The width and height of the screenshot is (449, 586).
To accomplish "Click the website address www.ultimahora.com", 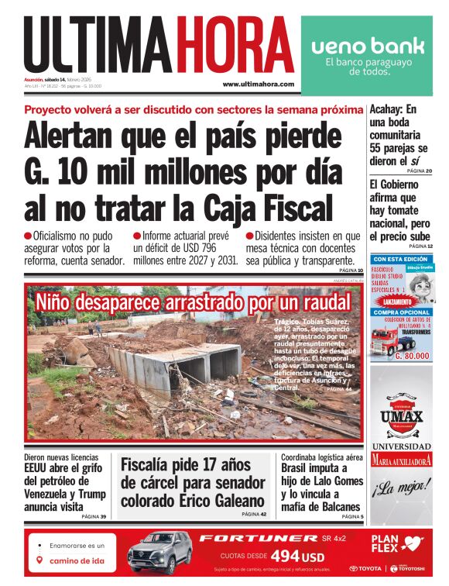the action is click(x=258, y=84).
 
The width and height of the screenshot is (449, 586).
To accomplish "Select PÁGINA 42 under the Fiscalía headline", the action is click(x=253, y=514).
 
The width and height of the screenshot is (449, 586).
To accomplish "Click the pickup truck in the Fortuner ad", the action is click(x=160, y=552).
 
